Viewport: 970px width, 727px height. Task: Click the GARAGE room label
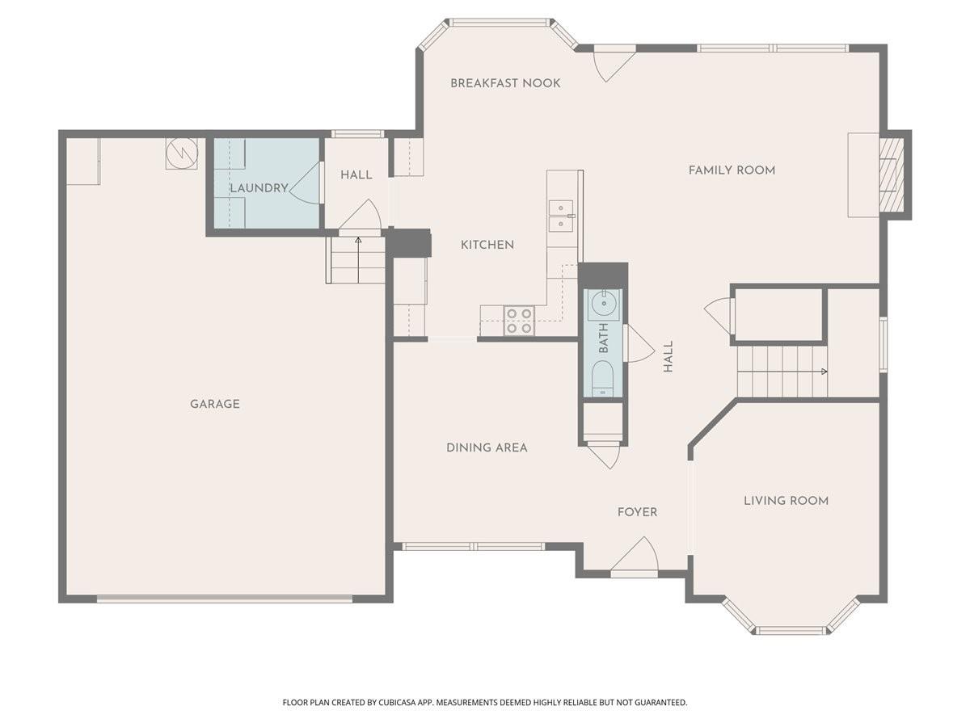click(215, 404)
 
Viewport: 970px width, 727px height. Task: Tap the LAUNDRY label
click(259, 188)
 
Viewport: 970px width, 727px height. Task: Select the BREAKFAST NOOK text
click(505, 83)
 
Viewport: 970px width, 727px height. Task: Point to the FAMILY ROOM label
click(732, 170)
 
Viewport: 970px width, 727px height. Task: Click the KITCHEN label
click(487, 245)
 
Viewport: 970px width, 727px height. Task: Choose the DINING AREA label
click(487, 448)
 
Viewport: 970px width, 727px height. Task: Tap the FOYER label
click(637, 512)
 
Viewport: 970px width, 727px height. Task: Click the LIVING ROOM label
click(786, 501)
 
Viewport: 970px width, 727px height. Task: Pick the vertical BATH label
click(603, 338)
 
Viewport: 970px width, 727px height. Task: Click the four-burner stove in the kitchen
click(519, 321)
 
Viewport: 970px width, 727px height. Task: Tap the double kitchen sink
click(561, 216)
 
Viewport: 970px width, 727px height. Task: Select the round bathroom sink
click(603, 304)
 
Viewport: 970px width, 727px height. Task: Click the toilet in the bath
click(602, 378)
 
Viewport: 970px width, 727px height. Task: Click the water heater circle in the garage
click(182, 153)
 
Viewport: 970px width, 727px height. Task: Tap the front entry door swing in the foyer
click(635, 554)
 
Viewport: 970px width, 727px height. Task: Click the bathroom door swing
click(639, 344)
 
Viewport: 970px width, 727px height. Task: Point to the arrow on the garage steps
click(358, 260)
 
